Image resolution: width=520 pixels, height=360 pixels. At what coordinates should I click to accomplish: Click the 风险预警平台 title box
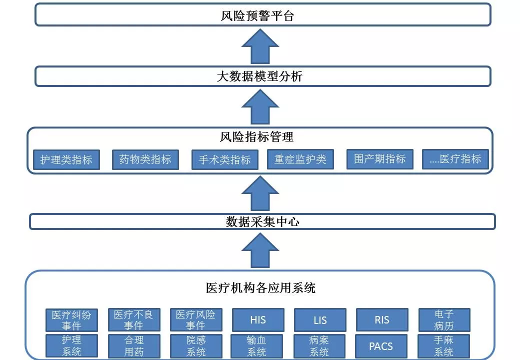click(262, 14)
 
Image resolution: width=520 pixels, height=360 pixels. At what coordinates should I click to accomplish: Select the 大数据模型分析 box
click(262, 76)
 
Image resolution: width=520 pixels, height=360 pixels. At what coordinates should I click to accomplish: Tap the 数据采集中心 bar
click(262, 221)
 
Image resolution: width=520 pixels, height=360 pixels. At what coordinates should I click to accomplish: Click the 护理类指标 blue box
click(66, 160)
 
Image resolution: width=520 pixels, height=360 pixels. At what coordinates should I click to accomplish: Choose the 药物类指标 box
click(145, 160)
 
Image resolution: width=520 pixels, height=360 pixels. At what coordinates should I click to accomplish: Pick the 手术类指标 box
click(224, 160)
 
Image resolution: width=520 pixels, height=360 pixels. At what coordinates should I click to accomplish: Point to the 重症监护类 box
click(300, 159)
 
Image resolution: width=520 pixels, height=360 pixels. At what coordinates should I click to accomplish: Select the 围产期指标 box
click(379, 159)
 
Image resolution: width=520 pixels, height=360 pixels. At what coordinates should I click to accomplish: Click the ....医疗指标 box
click(455, 159)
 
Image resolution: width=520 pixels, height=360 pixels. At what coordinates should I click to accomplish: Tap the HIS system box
click(258, 320)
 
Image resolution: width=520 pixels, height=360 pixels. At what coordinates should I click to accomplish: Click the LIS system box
click(320, 320)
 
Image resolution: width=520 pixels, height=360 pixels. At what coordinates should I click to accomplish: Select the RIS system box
click(382, 320)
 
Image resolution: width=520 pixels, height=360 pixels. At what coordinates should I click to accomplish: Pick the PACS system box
click(381, 346)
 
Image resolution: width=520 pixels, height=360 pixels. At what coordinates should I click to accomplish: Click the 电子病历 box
click(444, 320)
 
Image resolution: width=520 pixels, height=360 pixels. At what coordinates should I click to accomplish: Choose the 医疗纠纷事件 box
click(71, 320)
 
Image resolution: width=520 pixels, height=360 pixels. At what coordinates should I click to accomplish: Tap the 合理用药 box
click(134, 346)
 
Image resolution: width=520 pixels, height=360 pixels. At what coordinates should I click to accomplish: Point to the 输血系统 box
click(256, 346)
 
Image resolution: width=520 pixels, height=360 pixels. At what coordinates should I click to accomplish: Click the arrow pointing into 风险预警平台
click(260, 46)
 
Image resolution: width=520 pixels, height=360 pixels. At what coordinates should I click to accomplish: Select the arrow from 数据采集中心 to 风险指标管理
click(260, 193)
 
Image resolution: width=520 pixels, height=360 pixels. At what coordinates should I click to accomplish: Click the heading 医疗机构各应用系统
click(260, 287)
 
